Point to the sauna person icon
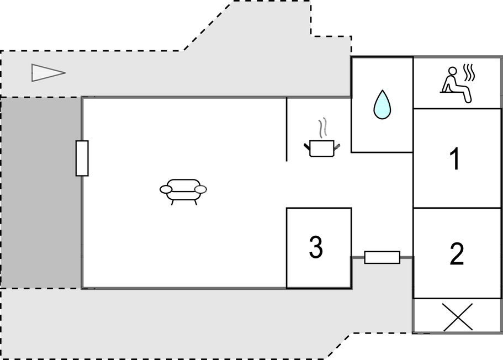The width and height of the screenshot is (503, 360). coord(457,84)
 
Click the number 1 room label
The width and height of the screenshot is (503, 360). coord(455,158)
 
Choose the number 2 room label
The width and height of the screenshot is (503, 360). coord(457,253)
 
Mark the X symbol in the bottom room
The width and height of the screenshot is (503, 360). coord(457,317)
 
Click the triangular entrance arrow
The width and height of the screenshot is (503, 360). coord(49,73)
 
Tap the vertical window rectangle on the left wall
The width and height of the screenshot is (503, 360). coord(82,158)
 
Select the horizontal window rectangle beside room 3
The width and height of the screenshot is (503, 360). coord(383,257)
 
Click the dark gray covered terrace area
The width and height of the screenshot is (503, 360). coord(41,193)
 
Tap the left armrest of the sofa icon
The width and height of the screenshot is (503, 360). coord(166,189)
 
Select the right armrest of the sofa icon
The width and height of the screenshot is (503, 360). coord(201,189)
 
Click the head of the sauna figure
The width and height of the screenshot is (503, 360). coord(452,71)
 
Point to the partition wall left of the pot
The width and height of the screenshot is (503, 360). coord(287,129)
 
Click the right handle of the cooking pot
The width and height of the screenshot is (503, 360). coord(337,147)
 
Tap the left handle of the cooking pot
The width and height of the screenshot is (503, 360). coord(307,147)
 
